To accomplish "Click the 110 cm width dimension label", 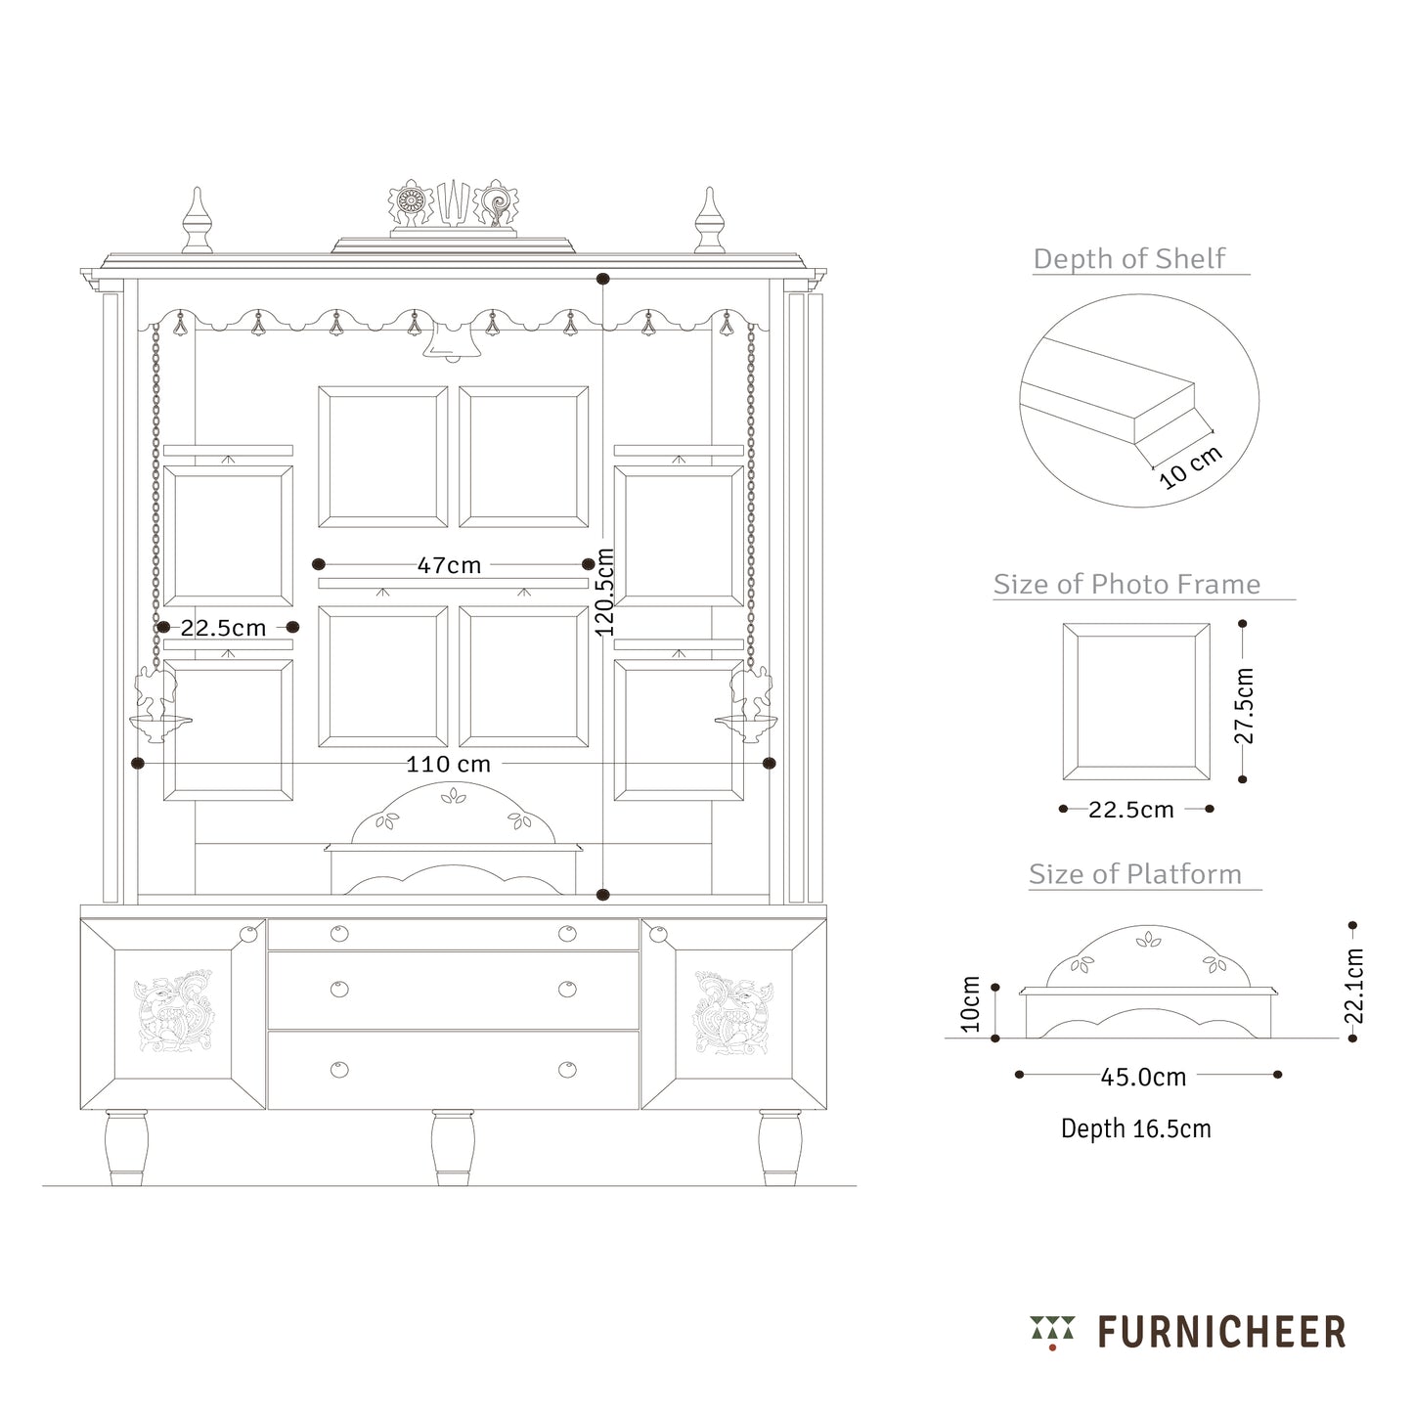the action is point(448,764).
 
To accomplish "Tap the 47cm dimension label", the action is point(449,565).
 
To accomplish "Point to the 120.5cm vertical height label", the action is point(605,593).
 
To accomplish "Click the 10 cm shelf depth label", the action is point(1190,467).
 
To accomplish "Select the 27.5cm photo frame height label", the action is point(1245,705).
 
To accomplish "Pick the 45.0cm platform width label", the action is point(1143,1078).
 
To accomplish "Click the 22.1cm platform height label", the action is point(1353,986).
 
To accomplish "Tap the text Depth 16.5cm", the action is point(1136,1128).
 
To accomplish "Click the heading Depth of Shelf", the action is point(1128,259).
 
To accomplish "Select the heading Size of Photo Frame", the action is point(1126,585).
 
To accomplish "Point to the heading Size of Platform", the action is point(1134,874).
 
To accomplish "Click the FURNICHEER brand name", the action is point(1221,1333).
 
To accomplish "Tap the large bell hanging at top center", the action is point(452,340).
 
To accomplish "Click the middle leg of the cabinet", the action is point(453,1147).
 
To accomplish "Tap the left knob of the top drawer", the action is point(338,934).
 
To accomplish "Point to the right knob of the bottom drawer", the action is point(567,1069).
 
